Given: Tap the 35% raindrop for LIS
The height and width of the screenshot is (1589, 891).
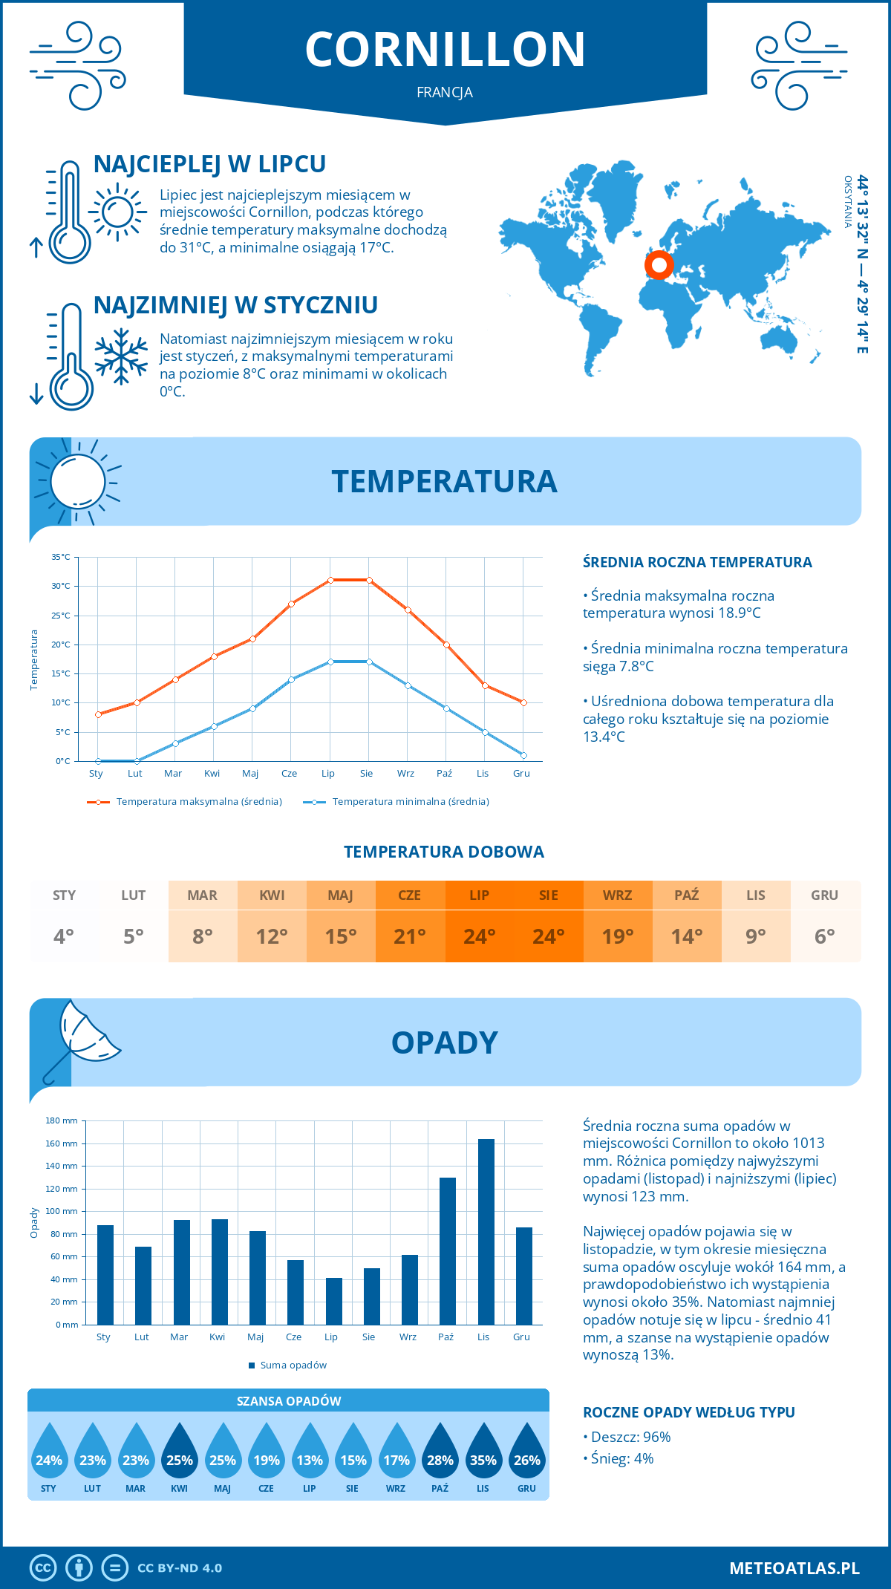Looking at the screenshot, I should (x=483, y=1455).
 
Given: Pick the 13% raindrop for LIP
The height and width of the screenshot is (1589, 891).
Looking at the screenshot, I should (x=310, y=1455).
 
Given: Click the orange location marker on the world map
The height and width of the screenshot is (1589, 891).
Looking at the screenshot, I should (x=659, y=264).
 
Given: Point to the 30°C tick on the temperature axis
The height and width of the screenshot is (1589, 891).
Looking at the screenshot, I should (x=61, y=586).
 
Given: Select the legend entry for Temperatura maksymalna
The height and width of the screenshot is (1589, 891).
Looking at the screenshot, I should (x=185, y=802).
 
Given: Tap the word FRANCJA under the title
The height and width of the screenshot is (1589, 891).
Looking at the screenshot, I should (x=445, y=92).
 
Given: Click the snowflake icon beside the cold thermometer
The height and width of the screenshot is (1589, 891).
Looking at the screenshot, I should (x=121, y=356).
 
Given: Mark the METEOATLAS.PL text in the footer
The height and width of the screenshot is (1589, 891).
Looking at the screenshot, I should (x=794, y=1568).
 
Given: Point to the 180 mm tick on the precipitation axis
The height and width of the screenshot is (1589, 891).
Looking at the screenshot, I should (x=62, y=1120).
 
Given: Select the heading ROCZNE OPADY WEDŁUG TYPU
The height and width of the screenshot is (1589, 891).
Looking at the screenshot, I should (x=688, y=1412).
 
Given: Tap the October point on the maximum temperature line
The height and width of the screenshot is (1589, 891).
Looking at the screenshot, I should (x=446, y=645).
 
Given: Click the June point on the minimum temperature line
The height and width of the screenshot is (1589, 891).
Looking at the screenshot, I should (x=292, y=679).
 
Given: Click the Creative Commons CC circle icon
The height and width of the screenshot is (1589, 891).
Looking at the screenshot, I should (x=43, y=1568).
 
